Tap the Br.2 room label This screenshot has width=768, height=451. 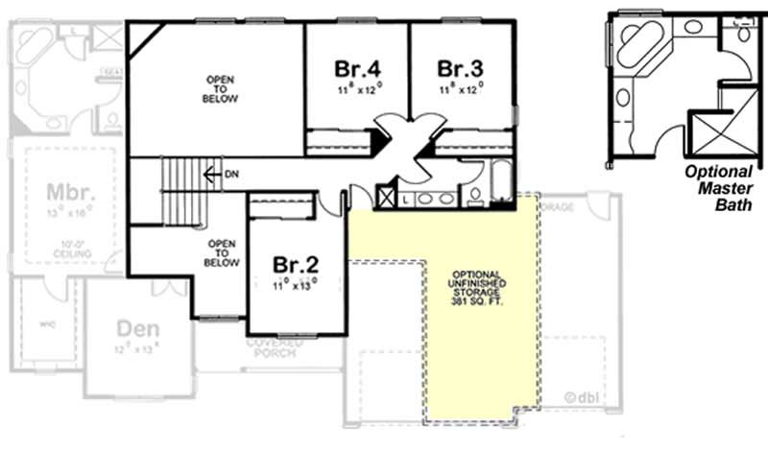click(294, 264)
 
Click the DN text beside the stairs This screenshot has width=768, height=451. click(231, 175)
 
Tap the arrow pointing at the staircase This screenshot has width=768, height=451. click(212, 175)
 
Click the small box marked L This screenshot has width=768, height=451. click(407, 199)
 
